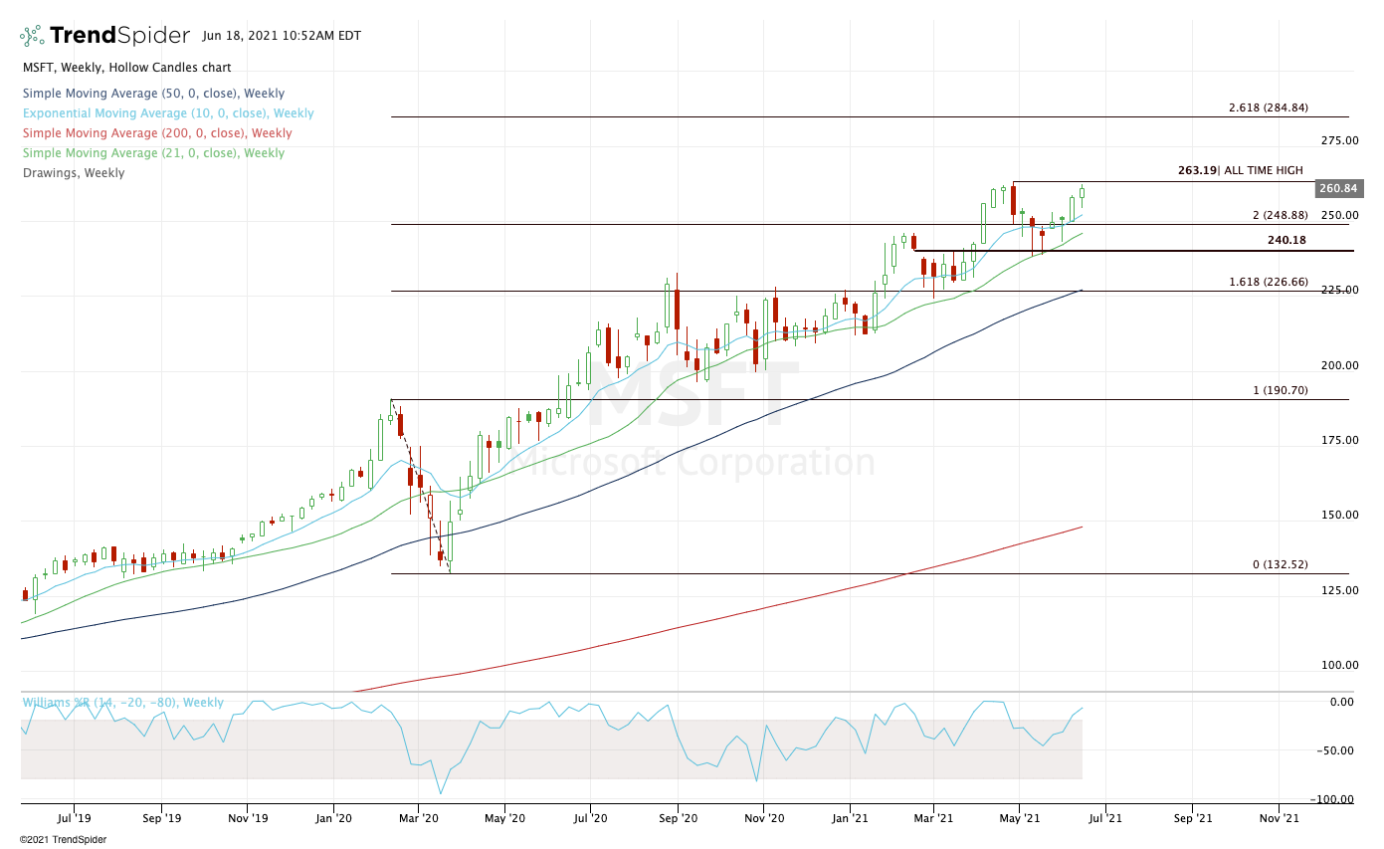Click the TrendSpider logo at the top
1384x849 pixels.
point(104,36)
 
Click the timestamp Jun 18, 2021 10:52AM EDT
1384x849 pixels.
point(282,36)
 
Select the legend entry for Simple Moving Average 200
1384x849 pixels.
point(157,133)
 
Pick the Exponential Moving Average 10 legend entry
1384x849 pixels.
point(168,113)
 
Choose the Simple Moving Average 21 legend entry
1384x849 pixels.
point(153,153)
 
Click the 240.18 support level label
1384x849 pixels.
point(1286,240)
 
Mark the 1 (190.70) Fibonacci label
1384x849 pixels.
point(1280,390)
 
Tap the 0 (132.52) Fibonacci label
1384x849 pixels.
point(1280,564)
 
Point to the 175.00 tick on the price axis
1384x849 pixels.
point(1338,440)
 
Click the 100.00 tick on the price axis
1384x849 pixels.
point(1338,665)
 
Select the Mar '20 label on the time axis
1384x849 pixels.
point(419,818)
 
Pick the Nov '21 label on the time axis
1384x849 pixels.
point(1279,818)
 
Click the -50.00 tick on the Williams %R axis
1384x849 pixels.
point(1340,750)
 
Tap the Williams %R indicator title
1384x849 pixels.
point(122,703)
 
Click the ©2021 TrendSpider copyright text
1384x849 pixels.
point(63,839)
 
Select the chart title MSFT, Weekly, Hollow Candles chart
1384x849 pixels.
point(126,68)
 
